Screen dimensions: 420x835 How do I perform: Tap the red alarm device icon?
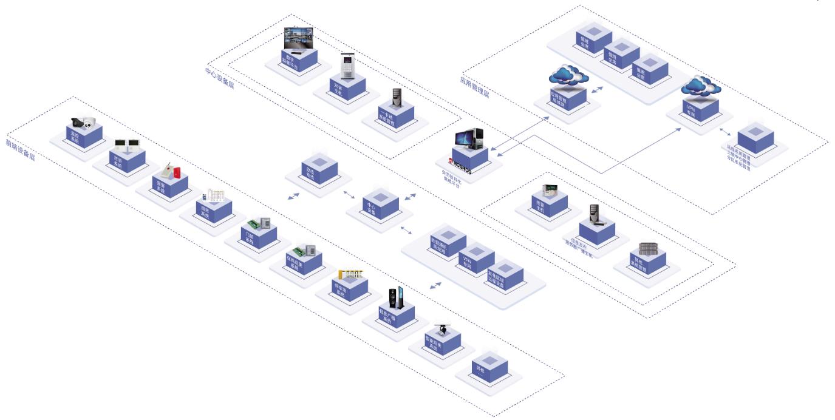point(175,171)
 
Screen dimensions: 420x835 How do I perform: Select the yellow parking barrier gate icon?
point(352,274)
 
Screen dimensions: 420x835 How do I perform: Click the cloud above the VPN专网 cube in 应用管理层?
point(697,86)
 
